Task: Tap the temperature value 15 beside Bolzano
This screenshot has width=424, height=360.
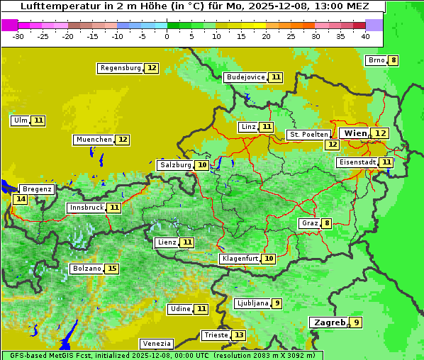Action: (112, 269)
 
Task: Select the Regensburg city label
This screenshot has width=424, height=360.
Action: (121, 68)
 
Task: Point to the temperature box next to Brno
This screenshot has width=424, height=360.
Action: (393, 60)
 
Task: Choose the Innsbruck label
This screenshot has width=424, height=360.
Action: (86, 208)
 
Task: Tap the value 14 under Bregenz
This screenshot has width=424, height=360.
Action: (21, 199)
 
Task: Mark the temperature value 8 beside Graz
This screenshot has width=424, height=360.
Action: (326, 223)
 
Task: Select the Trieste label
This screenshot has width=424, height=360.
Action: (216, 335)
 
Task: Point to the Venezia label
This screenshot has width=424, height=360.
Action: (156, 344)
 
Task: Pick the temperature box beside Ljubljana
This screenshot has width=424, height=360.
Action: (277, 303)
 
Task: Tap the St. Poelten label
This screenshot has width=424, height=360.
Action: (308, 134)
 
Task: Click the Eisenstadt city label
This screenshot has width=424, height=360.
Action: (357, 162)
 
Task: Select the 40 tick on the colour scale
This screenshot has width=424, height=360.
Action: (365, 36)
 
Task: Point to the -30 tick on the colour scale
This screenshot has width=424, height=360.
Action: (18, 36)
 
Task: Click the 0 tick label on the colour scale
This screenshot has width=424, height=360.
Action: (167, 36)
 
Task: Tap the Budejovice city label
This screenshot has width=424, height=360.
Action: (246, 77)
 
